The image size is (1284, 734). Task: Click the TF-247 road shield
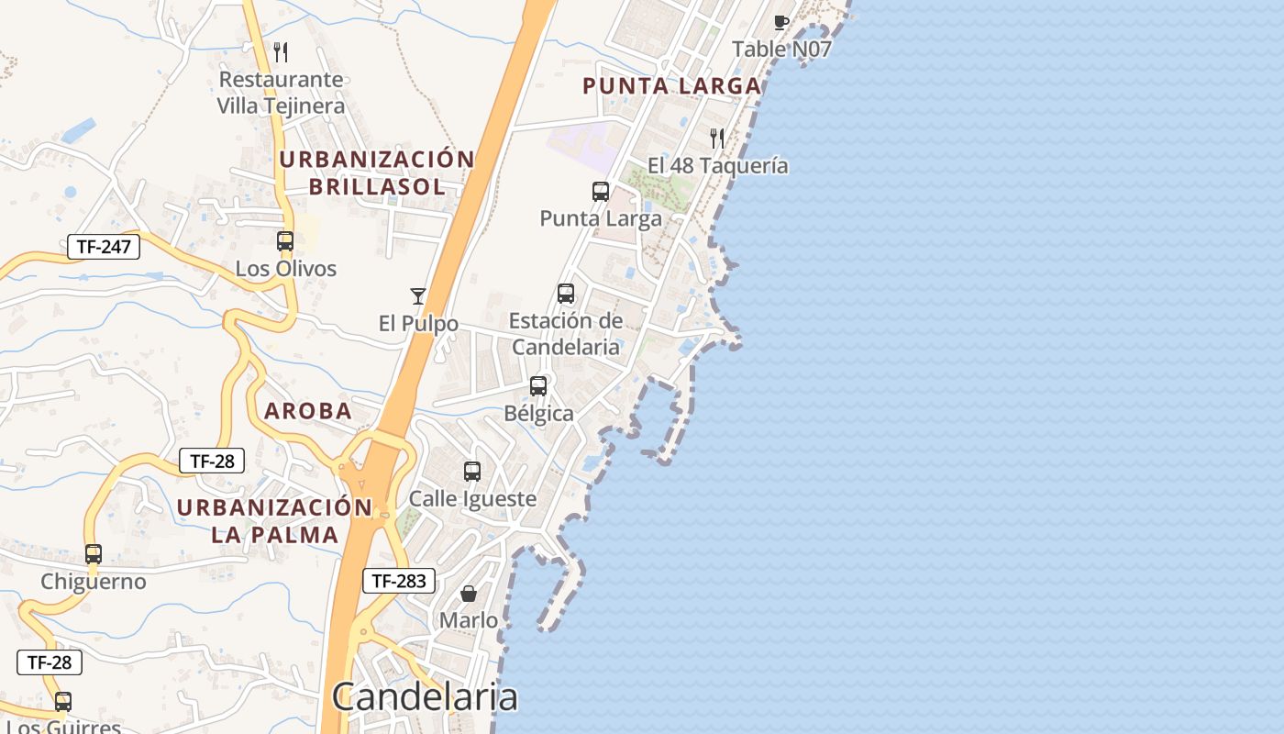pyautogui.click(x=104, y=246)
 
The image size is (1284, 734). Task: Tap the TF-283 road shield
pyautogui.click(x=399, y=580)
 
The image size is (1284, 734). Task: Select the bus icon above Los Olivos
pyautogui.click(x=285, y=241)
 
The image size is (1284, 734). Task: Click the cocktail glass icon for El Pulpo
pyautogui.click(x=418, y=295)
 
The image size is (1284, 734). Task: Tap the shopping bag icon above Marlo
pyautogui.click(x=469, y=594)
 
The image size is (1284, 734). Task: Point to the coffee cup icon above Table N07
pyautogui.click(x=781, y=22)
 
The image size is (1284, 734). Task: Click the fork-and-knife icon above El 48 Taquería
pyautogui.click(x=717, y=139)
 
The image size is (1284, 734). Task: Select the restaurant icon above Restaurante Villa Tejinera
pyautogui.click(x=281, y=52)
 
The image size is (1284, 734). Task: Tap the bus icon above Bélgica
pyautogui.click(x=538, y=386)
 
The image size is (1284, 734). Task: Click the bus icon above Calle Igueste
pyautogui.click(x=472, y=472)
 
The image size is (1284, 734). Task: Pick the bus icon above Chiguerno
pyautogui.click(x=94, y=554)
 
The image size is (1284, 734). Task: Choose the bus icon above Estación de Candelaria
pyautogui.click(x=566, y=294)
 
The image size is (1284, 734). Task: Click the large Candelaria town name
pyautogui.click(x=425, y=697)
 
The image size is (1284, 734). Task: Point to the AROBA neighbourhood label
pyautogui.click(x=308, y=411)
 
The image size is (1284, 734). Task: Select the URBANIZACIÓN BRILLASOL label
pyautogui.click(x=377, y=172)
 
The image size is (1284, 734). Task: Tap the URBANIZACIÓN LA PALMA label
pyautogui.click(x=275, y=520)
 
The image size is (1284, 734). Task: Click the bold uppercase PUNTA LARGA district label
pyautogui.click(x=672, y=86)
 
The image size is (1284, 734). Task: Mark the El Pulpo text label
pyautogui.click(x=418, y=324)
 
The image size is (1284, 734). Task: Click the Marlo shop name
pyautogui.click(x=469, y=620)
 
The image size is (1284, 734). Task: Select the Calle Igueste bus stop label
pyautogui.click(x=472, y=499)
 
